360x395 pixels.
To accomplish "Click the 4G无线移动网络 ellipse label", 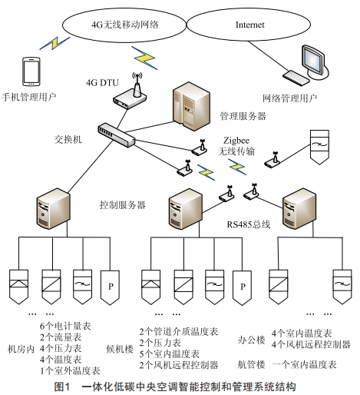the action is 125,25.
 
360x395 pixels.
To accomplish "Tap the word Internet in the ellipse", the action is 249,25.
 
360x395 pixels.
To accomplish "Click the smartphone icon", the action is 31,71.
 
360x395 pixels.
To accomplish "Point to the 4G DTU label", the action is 102,82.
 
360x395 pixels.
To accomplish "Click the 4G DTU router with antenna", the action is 130,91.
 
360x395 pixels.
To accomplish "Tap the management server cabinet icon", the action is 191,106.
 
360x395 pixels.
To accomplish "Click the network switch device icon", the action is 117,134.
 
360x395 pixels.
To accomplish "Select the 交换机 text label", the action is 68,139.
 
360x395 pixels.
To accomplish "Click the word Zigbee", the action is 236,141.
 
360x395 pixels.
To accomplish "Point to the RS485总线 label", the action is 249,224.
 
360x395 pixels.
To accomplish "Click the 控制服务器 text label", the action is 123,205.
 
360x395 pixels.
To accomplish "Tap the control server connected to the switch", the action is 54,208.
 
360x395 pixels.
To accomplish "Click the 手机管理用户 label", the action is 29,97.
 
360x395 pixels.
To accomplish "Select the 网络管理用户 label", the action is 290,98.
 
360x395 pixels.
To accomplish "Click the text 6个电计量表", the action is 65,326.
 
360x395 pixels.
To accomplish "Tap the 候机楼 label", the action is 120,349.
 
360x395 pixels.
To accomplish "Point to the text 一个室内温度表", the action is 304,364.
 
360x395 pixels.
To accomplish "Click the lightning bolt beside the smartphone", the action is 54,43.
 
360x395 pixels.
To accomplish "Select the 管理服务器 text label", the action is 243,116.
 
